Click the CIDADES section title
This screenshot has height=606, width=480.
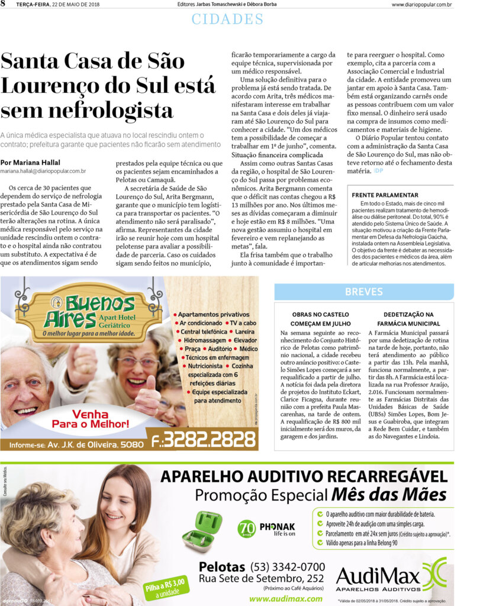[227, 19]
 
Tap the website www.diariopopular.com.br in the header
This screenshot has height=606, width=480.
[421, 5]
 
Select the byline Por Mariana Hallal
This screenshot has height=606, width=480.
[30, 163]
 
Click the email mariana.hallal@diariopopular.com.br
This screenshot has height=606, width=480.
[43, 171]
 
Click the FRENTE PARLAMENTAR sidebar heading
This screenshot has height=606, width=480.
[385, 195]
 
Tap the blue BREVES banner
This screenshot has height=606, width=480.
[363, 292]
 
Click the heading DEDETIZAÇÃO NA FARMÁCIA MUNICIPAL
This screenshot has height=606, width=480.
[408, 319]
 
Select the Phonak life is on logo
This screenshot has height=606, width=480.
[266, 528]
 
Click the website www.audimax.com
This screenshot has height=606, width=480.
[285, 598]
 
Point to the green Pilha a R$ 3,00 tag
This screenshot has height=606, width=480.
[164, 588]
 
